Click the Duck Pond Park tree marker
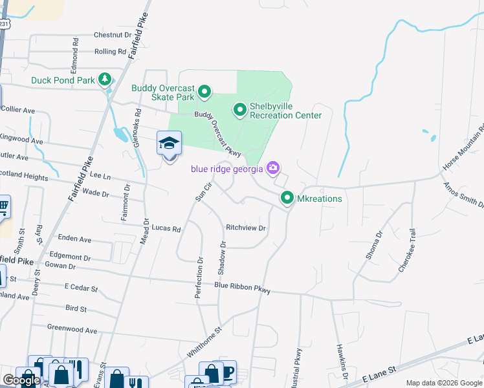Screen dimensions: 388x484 (104, 80)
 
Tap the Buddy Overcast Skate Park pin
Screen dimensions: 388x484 (204, 92)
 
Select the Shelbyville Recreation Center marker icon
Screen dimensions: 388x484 (239, 110)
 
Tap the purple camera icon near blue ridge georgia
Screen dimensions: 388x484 (273, 168)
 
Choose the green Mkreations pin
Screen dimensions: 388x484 (287, 198)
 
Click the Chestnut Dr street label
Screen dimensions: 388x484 (112, 35)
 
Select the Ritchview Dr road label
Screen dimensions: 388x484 (246, 228)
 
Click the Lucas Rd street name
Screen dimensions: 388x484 (166, 228)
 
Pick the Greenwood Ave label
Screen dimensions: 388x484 (72, 329)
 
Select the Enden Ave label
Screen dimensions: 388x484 (74, 239)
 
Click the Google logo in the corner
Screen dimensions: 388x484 (21, 381)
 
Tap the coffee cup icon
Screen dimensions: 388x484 (227, 371)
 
